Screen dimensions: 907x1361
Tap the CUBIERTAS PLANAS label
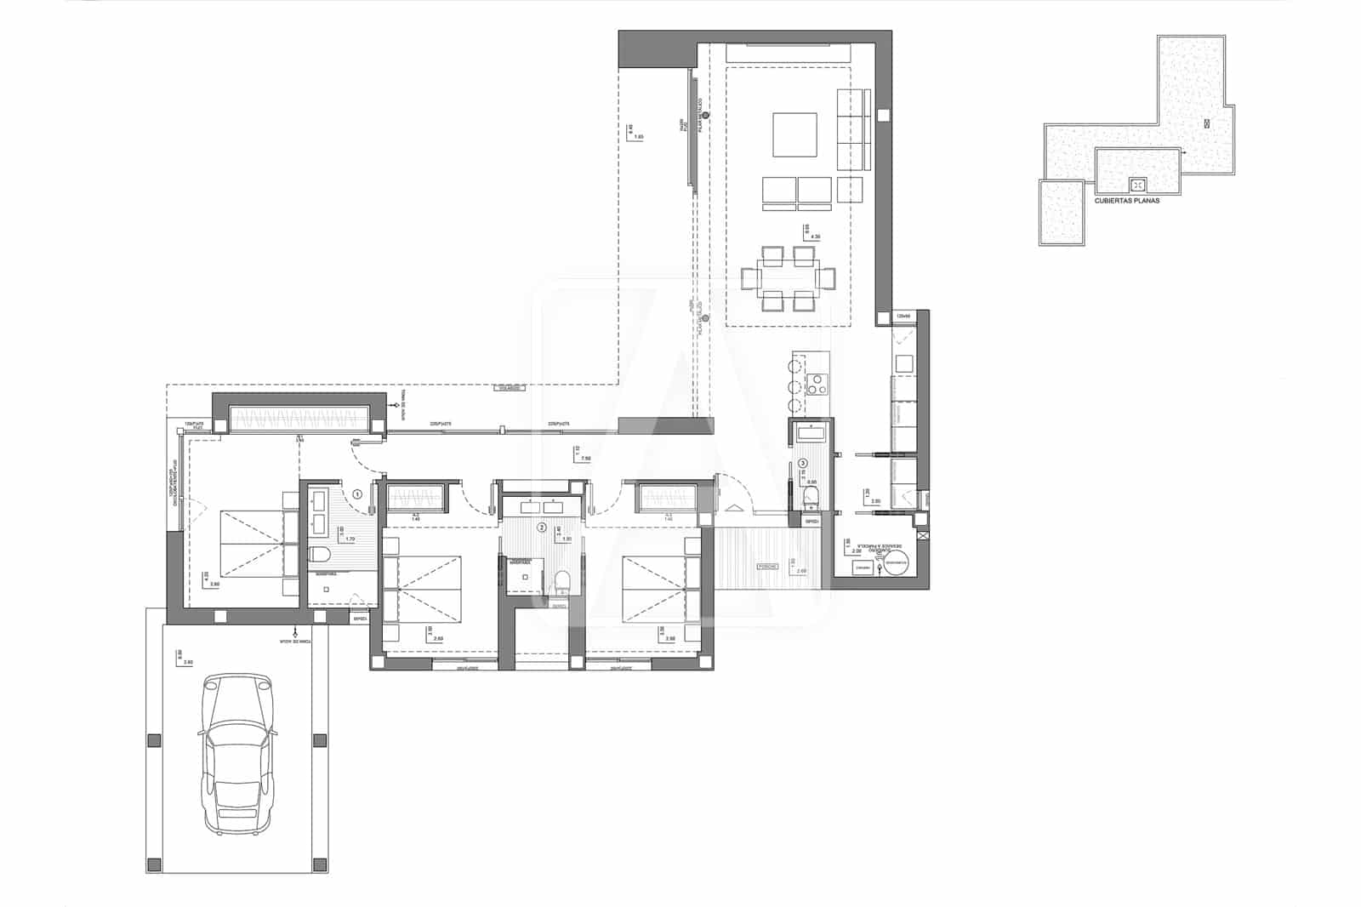pyautogui.click(x=1126, y=202)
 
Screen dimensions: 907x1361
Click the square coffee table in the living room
pyautogui.click(x=794, y=134)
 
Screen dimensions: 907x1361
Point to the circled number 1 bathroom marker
pyautogui.click(x=357, y=493)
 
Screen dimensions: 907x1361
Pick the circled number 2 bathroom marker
pyautogui.click(x=542, y=528)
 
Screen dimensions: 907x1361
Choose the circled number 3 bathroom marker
pyautogui.click(x=803, y=464)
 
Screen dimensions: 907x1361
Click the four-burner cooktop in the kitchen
pyautogui.click(x=817, y=384)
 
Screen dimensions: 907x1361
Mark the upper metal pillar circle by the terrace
pyautogui.click(x=704, y=115)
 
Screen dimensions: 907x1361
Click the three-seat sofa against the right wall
pyautogui.click(x=854, y=129)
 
